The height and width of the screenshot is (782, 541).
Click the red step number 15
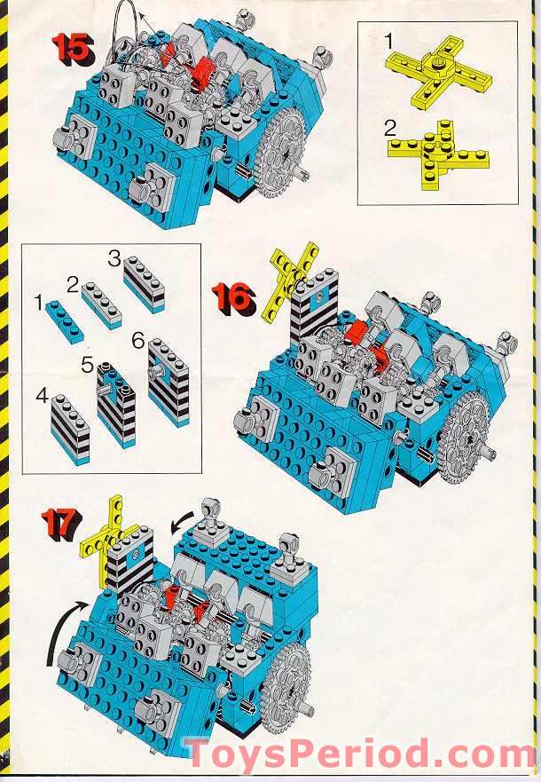pos(72,46)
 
